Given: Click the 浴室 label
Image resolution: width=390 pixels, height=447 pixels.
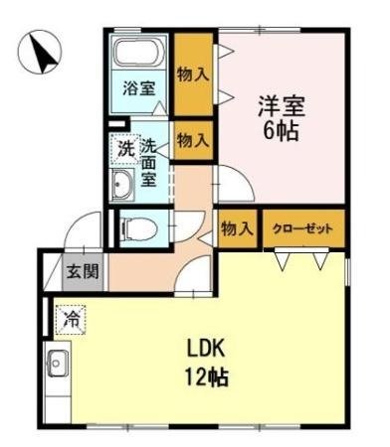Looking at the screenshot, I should pyautogui.click(x=138, y=88).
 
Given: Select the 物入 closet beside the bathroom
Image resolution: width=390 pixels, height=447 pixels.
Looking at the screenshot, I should pyautogui.click(x=192, y=73).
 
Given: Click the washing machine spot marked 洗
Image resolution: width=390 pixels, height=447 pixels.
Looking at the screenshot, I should pyautogui.click(x=124, y=149).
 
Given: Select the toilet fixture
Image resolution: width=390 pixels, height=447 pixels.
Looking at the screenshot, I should pyautogui.click(x=135, y=228).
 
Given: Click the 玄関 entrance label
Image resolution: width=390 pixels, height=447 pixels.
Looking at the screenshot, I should pyautogui.click(x=83, y=271).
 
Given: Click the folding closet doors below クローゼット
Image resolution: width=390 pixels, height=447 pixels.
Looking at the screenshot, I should pyautogui.click(x=301, y=259).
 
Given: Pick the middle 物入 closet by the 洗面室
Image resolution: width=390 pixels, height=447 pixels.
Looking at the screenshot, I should pyautogui.click(x=192, y=139).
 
